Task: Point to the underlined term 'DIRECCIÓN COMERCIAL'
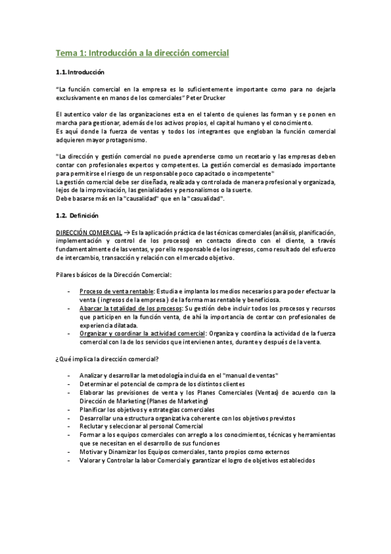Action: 87,233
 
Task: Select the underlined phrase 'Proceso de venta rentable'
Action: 115,291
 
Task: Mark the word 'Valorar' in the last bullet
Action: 90,459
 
